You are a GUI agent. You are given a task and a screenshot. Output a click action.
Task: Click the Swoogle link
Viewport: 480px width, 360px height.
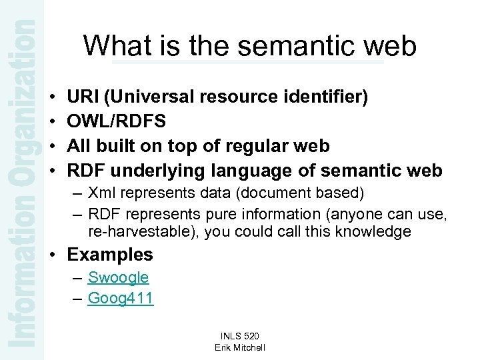coord(118,277)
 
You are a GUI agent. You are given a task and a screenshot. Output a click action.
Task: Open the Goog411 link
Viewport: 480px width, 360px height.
coord(121,298)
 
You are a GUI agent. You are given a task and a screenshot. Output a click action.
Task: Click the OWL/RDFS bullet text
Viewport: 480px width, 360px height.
coord(117,121)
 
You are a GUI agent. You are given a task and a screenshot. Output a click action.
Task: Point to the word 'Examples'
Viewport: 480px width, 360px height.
coord(110,255)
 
